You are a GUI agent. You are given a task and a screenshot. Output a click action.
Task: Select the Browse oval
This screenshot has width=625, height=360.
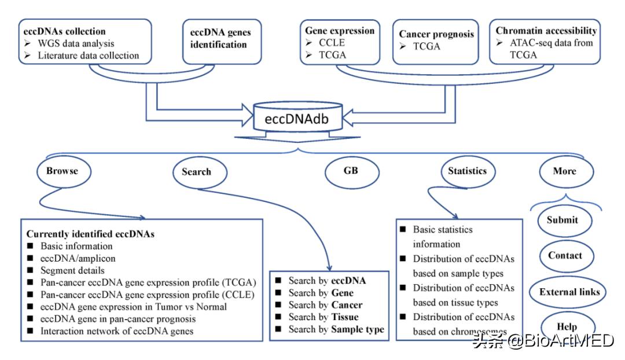click(62, 171)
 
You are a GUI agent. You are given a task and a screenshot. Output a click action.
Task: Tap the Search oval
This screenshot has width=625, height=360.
click(196, 172)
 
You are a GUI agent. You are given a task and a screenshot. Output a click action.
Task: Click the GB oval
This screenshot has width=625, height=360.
click(351, 171)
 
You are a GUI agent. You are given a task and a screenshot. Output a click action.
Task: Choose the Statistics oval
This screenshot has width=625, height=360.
click(467, 171)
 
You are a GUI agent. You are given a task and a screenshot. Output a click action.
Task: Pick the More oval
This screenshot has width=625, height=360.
click(564, 171)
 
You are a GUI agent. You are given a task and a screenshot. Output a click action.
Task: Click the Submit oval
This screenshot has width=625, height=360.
click(562, 220)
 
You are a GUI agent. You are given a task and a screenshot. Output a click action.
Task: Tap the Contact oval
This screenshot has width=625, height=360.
click(565, 255)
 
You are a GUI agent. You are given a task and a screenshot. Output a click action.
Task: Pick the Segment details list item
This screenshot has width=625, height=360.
click(72, 270)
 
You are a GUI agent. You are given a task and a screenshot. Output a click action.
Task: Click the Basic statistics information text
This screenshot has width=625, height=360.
click(443, 236)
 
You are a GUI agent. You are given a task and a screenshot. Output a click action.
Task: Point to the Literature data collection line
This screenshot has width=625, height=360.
click(90, 56)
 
